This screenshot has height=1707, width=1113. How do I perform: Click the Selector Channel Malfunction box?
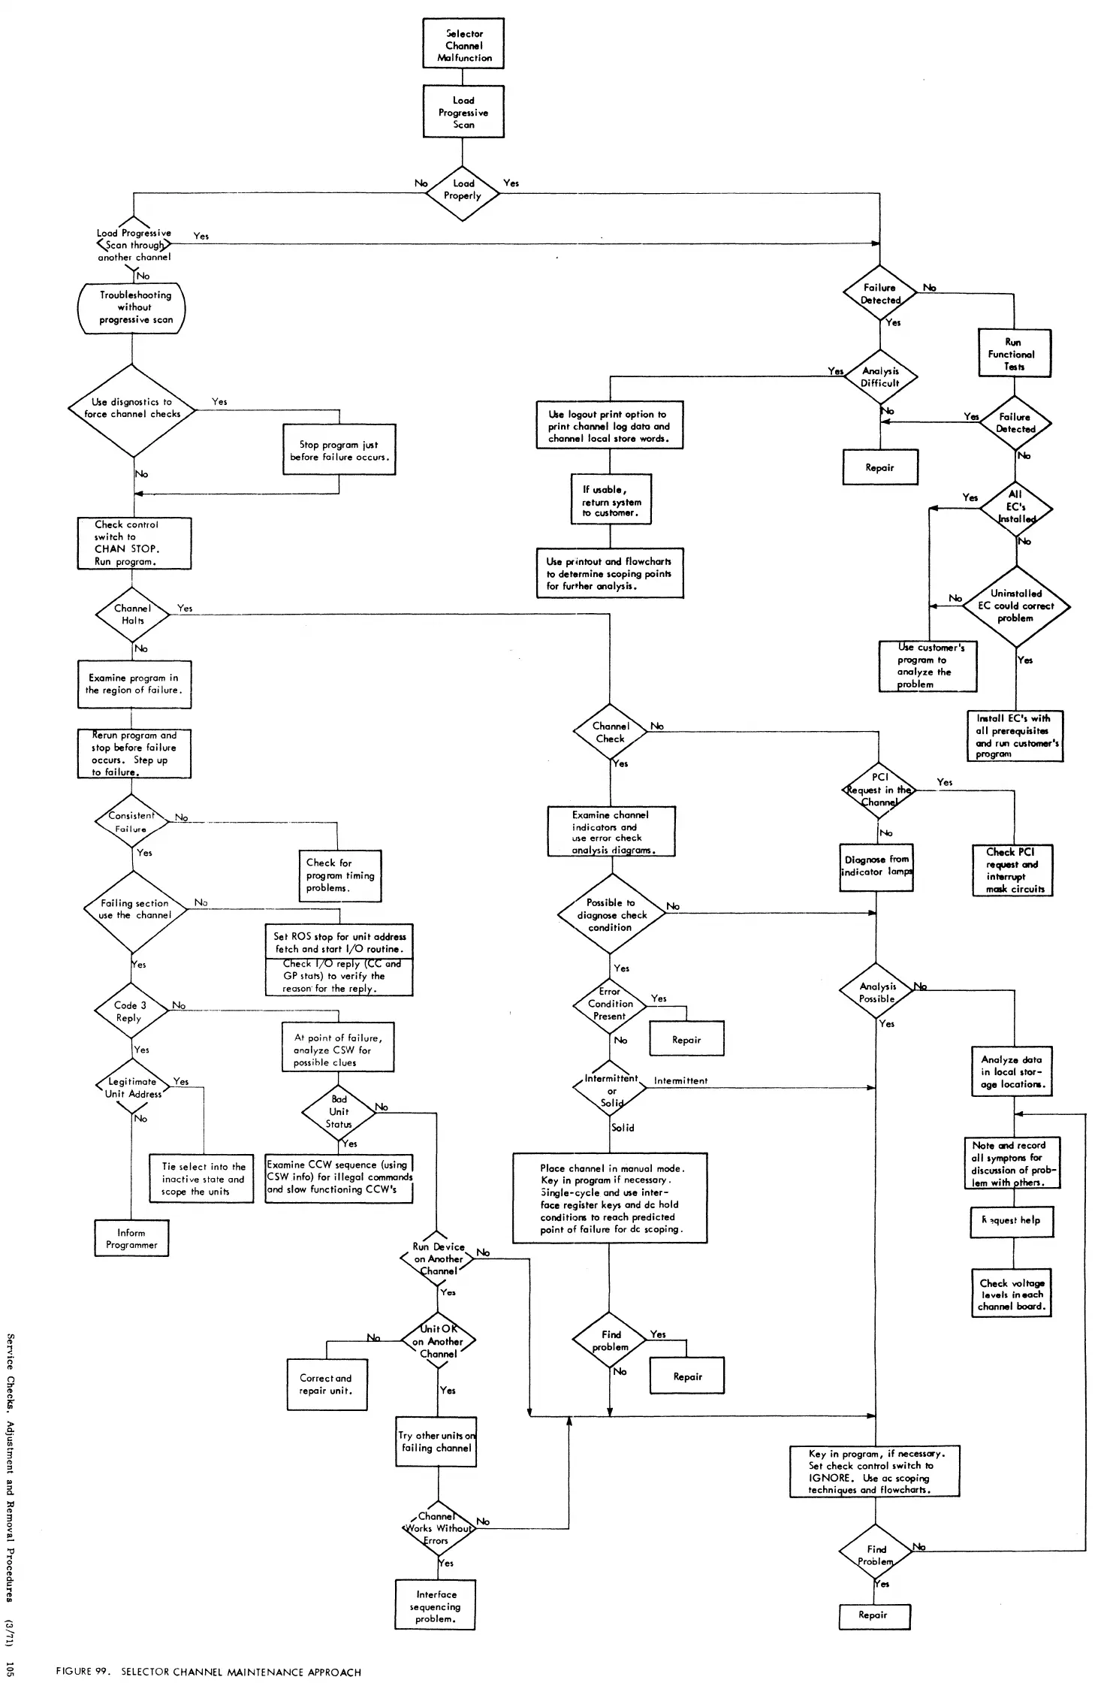(463, 44)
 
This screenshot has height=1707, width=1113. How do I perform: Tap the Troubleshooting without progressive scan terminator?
(132, 307)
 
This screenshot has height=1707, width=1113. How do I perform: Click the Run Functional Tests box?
(1014, 354)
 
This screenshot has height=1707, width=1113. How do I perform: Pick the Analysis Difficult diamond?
(880, 377)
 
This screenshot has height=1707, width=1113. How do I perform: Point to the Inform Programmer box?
(131, 1238)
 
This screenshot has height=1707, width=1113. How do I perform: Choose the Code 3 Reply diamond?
(131, 1011)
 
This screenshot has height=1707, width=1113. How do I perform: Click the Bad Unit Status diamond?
(339, 1112)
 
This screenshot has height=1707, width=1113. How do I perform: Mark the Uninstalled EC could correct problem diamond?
(1015, 606)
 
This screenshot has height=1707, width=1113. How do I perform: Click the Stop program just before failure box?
(339, 451)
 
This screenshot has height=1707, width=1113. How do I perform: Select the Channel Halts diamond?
(132, 615)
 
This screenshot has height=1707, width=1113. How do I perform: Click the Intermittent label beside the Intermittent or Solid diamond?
(680, 1081)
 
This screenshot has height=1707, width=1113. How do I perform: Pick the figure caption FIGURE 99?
(209, 1672)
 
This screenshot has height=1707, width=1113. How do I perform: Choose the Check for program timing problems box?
(340, 875)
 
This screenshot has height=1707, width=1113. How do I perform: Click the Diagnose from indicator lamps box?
(876, 867)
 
